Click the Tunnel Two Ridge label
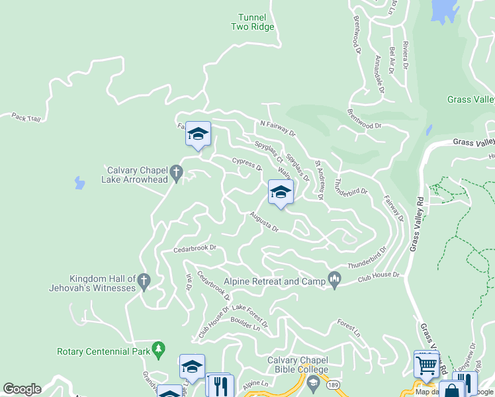coord(252,22)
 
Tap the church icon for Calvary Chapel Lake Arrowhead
coord(176,173)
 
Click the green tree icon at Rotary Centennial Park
coord(157,348)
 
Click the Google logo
coord(22,389)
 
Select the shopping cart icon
coord(426,363)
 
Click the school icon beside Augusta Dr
coord(281,193)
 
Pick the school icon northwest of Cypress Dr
coord(197,134)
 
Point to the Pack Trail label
coord(26,117)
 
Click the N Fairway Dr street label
coord(277,128)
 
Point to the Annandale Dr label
coord(379,73)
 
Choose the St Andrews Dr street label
coord(319,179)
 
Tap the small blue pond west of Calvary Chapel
coord(79,182)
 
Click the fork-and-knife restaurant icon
coord(221,385)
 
